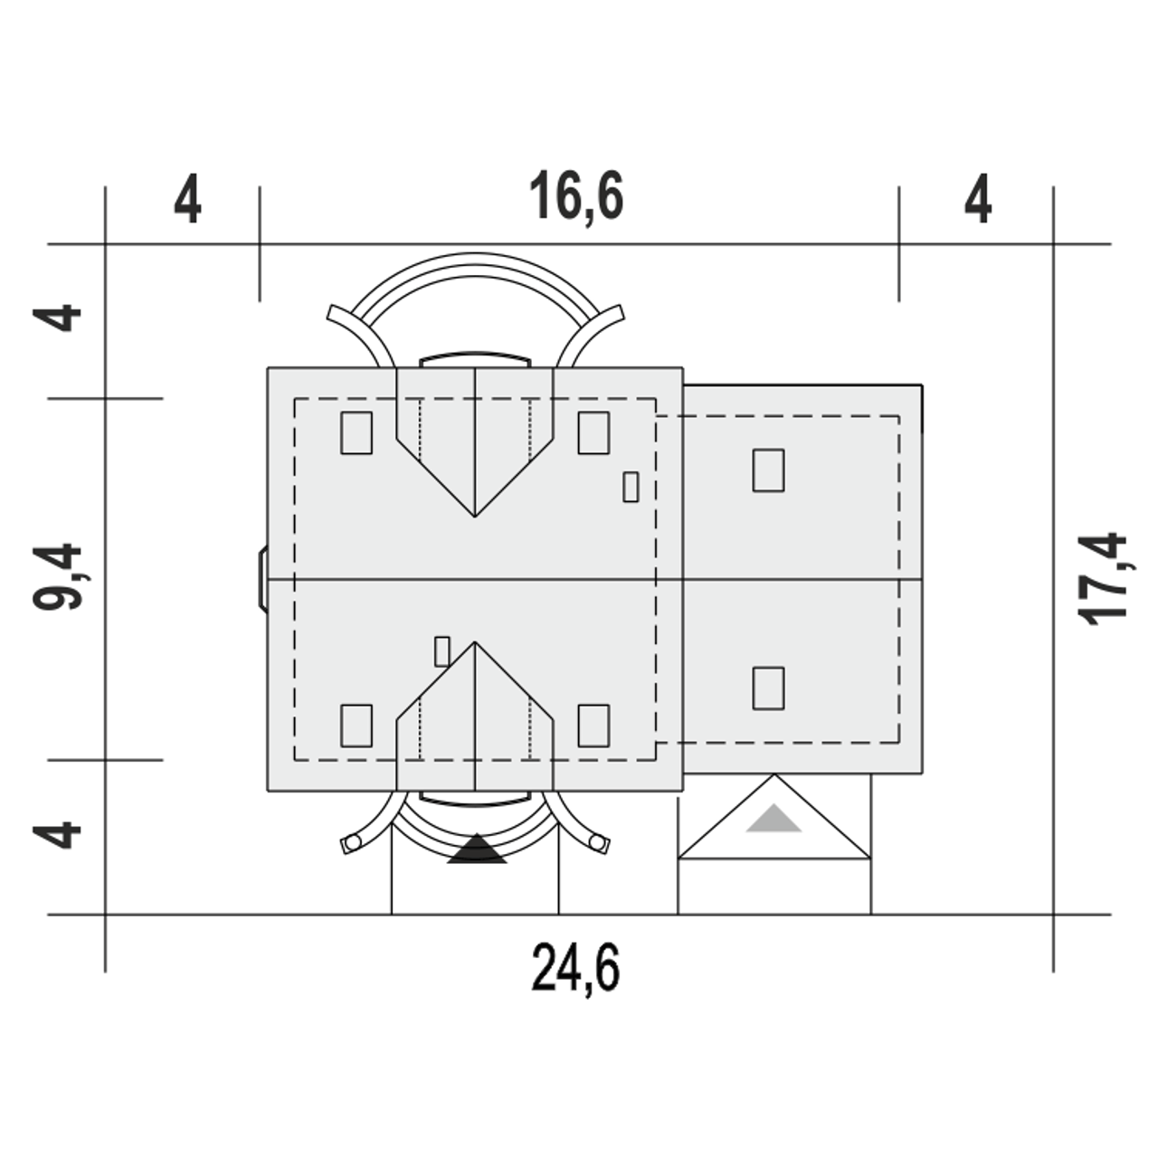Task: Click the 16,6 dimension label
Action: pyautogui.click(x=575, y=196)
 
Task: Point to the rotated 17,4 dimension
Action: pyautogui.click(x=1103, y=579)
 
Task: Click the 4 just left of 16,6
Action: pyautogui.click(x=187, y=198)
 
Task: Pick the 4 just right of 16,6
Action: pyautogui.click(x=978, y=198)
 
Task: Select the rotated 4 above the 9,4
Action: pyautogui.click(x=56, y=318)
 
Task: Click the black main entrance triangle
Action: pyautogui.click(x=477, y=849)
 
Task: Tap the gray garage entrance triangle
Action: pyautogui.click(x=774, y=819)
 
